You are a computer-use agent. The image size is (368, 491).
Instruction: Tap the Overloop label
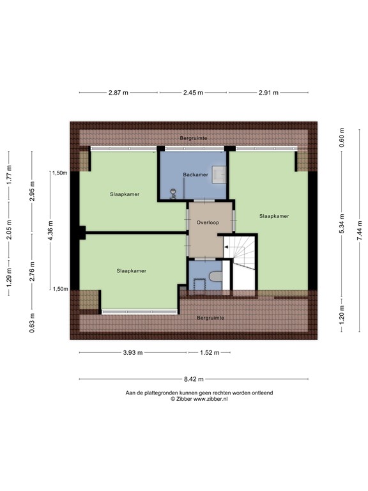pyautogui.click(x=208, y=222)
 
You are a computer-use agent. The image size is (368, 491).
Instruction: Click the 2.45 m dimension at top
pyautogui.click(x=193, y=93)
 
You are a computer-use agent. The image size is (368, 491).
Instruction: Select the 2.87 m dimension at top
pyautogui.click(x=118, y=93)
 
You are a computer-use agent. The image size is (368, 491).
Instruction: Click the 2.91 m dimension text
pyautogui.click(x=268, y=93)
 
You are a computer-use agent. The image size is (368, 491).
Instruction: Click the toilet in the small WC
pyautogui.click(x=215, y=276)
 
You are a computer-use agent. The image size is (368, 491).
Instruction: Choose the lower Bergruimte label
pyautogui.click(x=210, y=318)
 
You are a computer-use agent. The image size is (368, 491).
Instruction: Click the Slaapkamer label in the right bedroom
pyautogui.click(x=274, y=216)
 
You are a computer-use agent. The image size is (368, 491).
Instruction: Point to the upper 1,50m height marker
pyautogui.click(x=60, y=173)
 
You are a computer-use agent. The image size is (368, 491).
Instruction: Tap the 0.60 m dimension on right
pyautogui.click(x=342, y=139)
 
